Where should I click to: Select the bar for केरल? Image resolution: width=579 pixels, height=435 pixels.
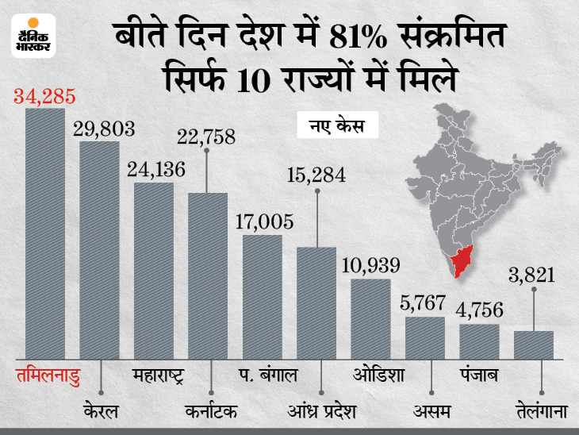pos(99,249)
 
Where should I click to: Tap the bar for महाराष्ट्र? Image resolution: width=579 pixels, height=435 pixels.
pos(154,270)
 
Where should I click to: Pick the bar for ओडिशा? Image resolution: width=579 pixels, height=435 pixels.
pos(370,318)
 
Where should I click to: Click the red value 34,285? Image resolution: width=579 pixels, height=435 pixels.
pos(45,98)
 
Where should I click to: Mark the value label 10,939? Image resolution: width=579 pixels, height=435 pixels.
pos(370,265)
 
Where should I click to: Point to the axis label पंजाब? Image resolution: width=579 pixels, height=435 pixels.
pos(480,373)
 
